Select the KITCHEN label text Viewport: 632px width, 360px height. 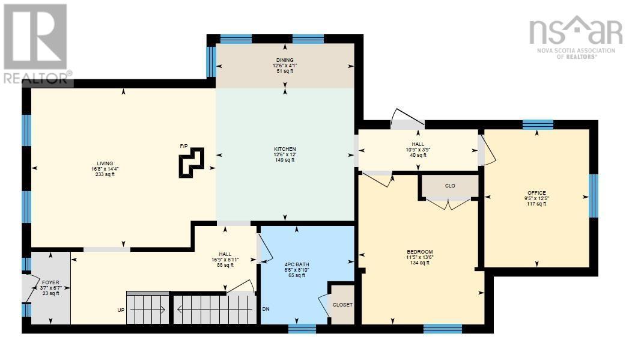coord(285,148)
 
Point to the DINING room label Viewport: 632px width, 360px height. coord(285,60)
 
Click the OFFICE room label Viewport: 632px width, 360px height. coord(536,193)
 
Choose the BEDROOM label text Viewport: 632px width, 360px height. coord(420,252)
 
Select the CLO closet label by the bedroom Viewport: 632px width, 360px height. coord(449,186)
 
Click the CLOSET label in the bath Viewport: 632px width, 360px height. coord(343,304)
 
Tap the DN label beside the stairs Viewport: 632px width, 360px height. coord(265,310)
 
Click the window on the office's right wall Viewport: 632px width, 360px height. coord(594,196)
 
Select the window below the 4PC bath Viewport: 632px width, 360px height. coord(302,328)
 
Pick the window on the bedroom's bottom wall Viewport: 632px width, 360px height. coord(442,328)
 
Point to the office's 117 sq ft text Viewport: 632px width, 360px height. coord(536,204)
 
